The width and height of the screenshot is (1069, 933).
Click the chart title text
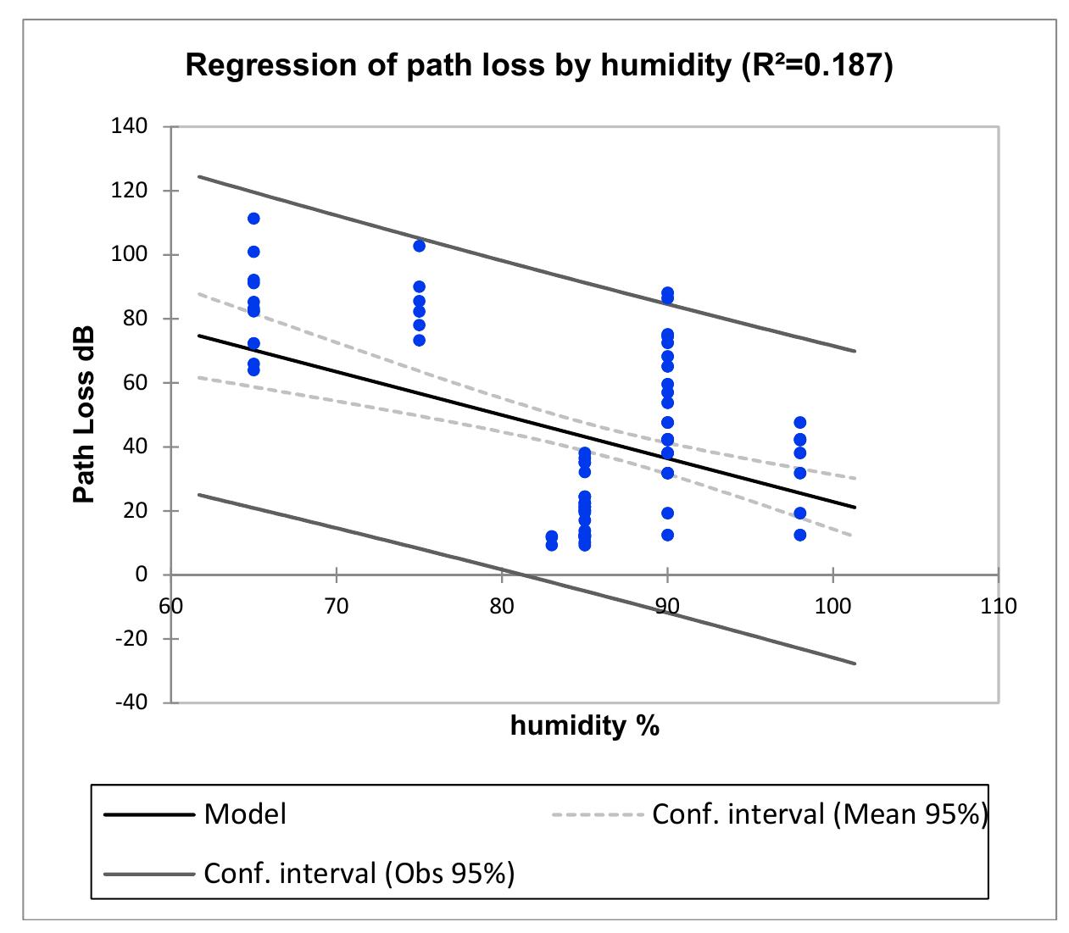pyautogui.click(x=538, y=65)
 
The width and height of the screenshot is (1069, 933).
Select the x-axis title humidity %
pyautogui.click(x=585, y=726)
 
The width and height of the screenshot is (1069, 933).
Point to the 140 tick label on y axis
pyautogui.click(x=130, y=127)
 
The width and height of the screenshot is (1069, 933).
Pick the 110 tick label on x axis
pyautogui.click(x=998, y=606)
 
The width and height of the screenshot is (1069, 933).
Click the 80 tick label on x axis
pyautogui.click(x=502, y=606)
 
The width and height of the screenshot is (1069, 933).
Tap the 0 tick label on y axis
pyautogui.click(x=142, y=575)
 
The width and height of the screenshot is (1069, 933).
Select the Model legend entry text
pyautogui.click(x=245, y=814)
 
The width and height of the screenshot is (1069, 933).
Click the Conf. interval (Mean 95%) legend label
pyautogui.click(x=819, y=814)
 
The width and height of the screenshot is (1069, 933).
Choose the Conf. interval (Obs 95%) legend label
pyautogui.click(x=359, y=873)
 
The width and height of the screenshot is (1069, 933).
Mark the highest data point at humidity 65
pyautogui.click(x=253, y=219)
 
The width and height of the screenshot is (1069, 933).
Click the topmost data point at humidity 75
pyautogui.click(x=419, y=246)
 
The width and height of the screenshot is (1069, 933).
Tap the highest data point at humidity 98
pyautogui.click(x=799, y=422)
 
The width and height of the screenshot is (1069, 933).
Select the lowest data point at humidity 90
pyautogui.click(x=667, y=535)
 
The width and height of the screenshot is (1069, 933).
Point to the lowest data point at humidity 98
pyautogui.click(x=799, y=535)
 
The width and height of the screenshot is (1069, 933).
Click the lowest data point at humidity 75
pyautogui.click(x=419, y=340)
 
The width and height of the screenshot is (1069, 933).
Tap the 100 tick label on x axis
pyautogui.click(x=832, y=606)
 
